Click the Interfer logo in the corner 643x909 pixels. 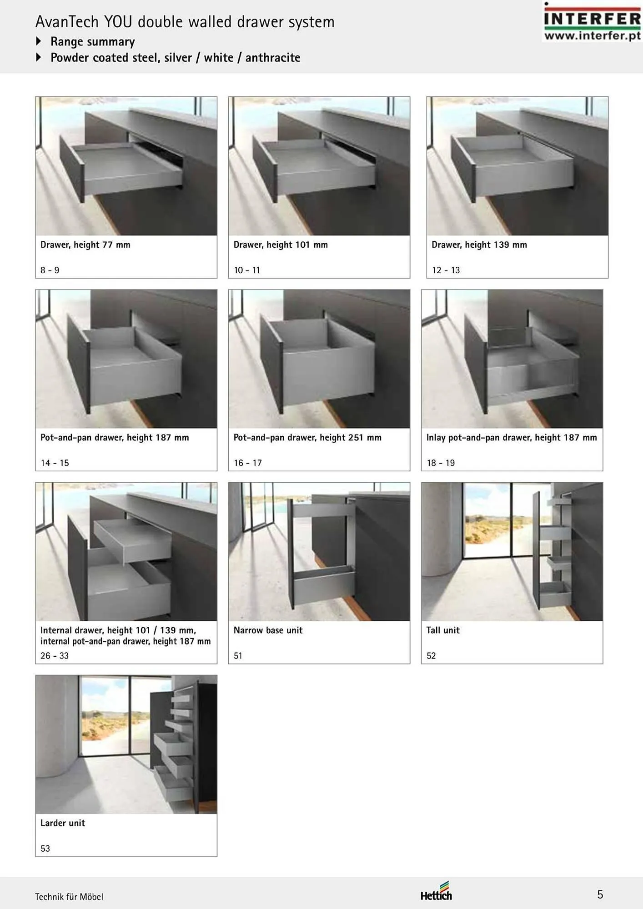coord(592,21)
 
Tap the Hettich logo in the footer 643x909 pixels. coord(436,891)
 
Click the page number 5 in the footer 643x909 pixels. coord(600,894)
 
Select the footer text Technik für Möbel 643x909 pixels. coord(69,897)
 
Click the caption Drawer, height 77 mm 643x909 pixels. coord(85,245)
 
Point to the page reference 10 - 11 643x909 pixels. coord(247,270)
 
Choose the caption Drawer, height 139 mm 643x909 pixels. coord(479,245)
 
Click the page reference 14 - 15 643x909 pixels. coord(55,463)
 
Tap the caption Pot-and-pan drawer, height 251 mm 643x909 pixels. coord(307,438)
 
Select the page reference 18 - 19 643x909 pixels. coord(441,463)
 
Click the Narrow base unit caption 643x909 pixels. coord(268,630)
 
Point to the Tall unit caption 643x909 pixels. coord(443,630)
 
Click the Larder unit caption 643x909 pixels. coord(63,823)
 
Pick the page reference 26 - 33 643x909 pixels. coord(55,656)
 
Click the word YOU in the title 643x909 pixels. coord(118,22)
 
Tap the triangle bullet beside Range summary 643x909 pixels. coord(39,41)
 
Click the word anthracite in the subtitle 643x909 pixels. coord(273,58)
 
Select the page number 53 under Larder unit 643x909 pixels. coord(45,849)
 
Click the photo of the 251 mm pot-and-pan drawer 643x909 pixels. coord(319,359)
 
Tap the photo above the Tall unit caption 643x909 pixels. coord(512,551)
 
